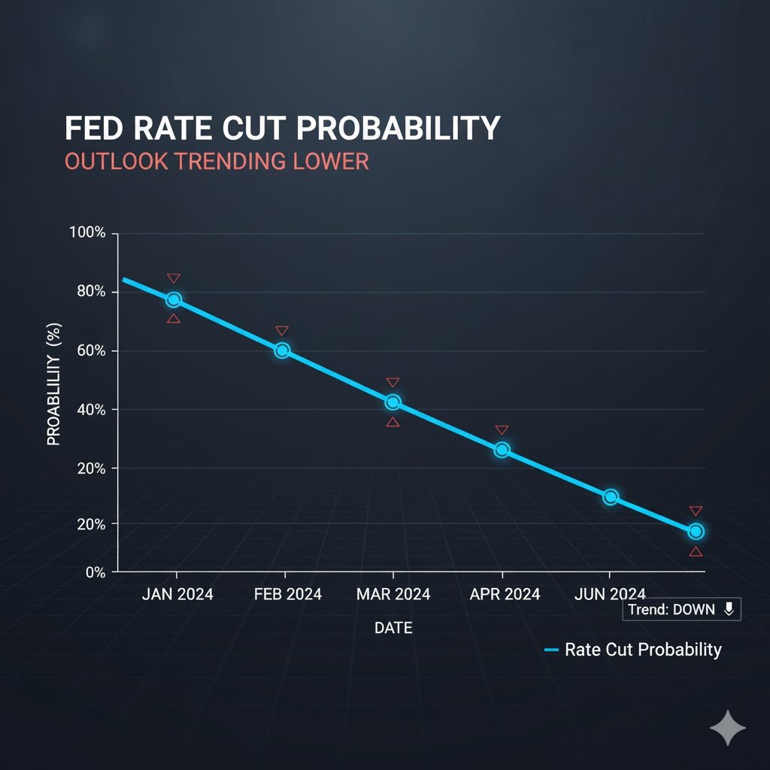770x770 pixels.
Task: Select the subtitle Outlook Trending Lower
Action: point(217,162)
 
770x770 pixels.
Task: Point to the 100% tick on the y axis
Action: point(87,232)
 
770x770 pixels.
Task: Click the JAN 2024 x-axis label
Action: point(177,594)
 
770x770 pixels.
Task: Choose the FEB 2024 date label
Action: point(288,594)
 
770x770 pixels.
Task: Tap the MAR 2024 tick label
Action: point(393,594)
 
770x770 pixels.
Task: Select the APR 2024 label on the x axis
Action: point(505,594)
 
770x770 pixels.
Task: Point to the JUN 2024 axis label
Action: point(610,594)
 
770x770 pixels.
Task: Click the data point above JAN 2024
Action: point(174,299)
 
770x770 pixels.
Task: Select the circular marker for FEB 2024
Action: point(282,350)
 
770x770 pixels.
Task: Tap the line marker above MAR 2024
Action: point(393,402)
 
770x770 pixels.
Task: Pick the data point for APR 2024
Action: point(502,450)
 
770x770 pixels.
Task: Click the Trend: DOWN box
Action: point(682,610)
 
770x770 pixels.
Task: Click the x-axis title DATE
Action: point(393,628)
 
